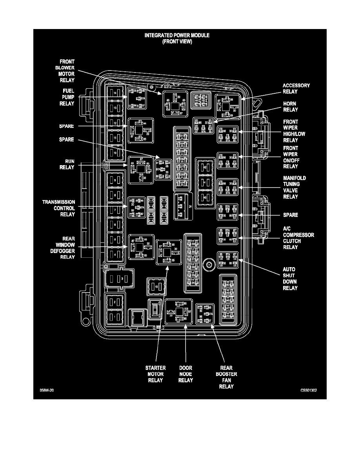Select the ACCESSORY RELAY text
pyautogui.click(x=296, y=88)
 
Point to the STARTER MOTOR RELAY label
pyautogui.click(x=156, y=374)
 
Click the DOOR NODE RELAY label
pyautogui.click(x=185, y=374)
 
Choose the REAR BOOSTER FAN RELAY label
pyautogui.click(x=226, y=377)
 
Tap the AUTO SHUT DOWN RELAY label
pyautogui.click(x=290, y=279)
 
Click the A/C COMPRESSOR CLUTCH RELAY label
pyautogui.click(x=298, y=238)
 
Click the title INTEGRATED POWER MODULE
pyautogui.click(x=177, y=35)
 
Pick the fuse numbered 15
pyautogui.click(x=156, y=287)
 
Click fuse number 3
pyautogui.click(x=122, y=279)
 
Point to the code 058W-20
pyautogui.click(x=46, y=391)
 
